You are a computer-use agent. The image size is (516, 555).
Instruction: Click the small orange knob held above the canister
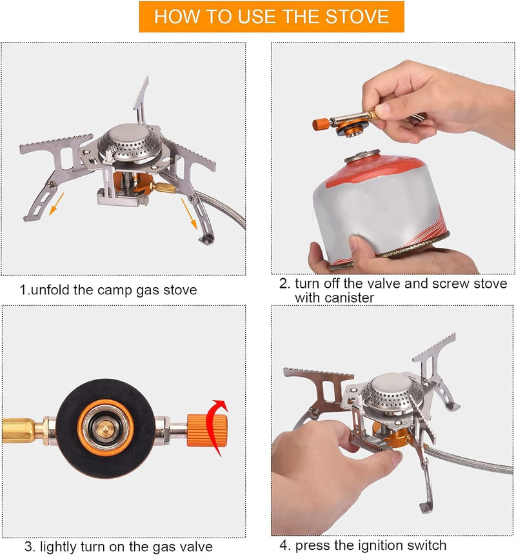[x=321, y=123]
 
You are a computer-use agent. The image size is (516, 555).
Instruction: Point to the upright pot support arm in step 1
[x=139, y=97]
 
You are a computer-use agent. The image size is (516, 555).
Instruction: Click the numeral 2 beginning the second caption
[x=283, y=284]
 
